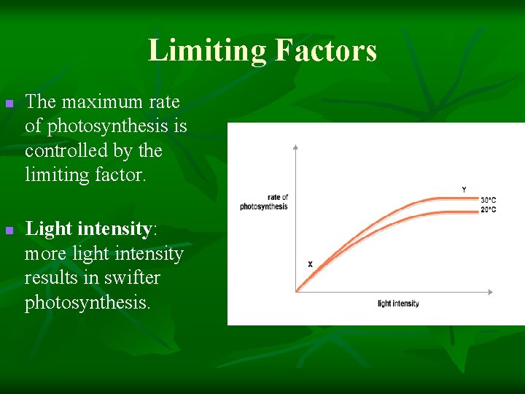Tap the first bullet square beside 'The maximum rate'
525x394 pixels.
tap(9, 105)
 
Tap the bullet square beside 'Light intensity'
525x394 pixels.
tap(9, 231)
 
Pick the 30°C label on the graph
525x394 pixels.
tap(489, 200)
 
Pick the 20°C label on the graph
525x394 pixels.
tap(489, 210)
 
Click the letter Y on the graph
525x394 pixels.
tap(464, 190)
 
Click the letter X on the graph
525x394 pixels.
tap(310, 264)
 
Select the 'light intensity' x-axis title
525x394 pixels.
tap(398, 304)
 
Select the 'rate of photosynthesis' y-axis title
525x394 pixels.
tap(264, 202)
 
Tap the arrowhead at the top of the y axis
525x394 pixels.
tap(295, 147)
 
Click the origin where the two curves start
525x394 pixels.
tap(296, 291)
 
